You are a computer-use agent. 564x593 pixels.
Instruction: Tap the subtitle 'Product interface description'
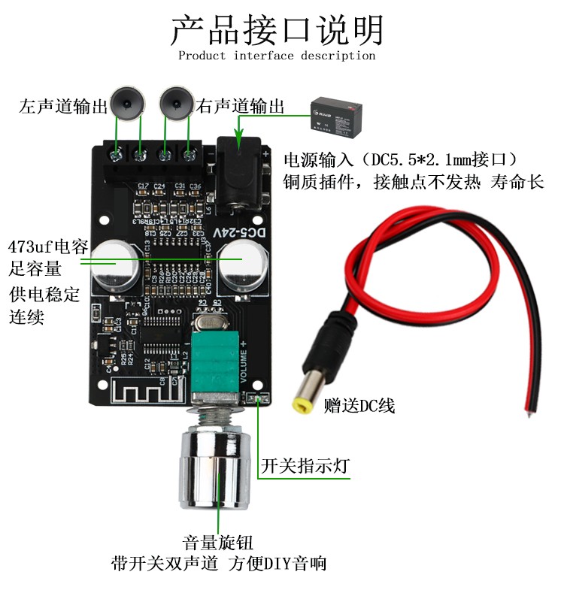[277, 56]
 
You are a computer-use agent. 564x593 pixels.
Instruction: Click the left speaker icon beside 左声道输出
[127, 103]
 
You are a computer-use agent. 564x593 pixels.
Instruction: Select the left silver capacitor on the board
[115, 262]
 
